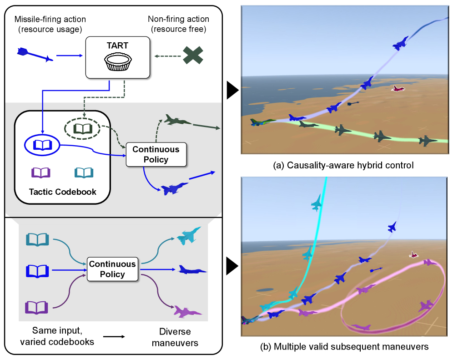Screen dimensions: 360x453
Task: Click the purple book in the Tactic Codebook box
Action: [40, 172]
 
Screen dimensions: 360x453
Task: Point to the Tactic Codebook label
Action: [63, 192]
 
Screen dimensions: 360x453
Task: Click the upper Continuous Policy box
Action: [156, 154]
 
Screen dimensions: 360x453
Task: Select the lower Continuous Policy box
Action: [112, 269]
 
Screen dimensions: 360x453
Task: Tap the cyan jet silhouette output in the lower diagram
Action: [189, 236]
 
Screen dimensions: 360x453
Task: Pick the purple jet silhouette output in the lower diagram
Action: [188, 312]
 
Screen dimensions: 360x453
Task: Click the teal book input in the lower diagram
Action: [37, 239]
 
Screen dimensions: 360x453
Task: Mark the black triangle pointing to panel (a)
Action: [232, 92]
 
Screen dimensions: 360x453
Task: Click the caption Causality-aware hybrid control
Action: [343, 165]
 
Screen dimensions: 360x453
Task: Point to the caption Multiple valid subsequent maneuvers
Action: [344, 347]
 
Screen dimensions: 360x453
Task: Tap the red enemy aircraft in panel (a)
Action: [398, 89]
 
